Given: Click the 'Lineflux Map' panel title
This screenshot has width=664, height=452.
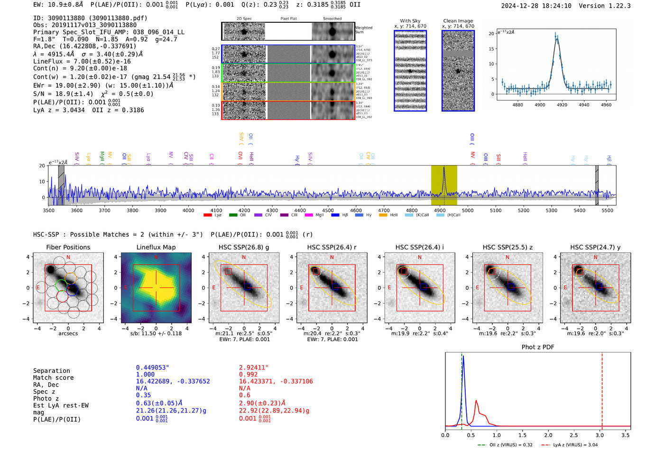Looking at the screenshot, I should coord(156,247).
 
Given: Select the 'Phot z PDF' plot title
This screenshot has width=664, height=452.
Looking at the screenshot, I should coord(537,347).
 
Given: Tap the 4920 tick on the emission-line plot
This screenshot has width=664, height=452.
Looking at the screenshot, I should coord(562,105).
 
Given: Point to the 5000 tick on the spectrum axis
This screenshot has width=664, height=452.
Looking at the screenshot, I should coord(468,211).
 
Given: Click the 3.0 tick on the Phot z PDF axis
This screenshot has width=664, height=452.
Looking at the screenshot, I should coord(599,435).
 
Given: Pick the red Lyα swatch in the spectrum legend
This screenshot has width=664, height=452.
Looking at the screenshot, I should coord(207,215).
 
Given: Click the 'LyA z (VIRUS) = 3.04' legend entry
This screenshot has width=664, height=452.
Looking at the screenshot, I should coord(571,445).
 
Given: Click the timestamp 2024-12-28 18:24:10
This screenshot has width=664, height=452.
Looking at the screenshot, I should coord(536,6).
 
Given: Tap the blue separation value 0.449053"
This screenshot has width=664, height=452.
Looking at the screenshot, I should coord(152,368).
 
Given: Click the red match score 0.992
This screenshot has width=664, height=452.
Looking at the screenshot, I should coord(249,374).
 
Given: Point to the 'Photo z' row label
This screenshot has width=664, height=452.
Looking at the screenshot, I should coord(46,398).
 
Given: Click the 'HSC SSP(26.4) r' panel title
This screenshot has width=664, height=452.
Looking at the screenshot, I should coord(332,247).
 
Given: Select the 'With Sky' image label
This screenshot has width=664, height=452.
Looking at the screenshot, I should coord(410,21).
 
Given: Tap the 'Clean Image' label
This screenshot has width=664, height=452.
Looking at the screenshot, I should coord(458,21).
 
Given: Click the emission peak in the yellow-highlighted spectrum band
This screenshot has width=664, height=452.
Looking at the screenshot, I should coord(444,168).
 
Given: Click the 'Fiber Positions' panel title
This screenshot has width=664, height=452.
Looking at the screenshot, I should coord(68,247).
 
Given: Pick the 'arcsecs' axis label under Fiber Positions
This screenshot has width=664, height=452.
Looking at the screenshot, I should coord(68,333).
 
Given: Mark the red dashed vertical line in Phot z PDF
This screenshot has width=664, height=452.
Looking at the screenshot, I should coord(602,389).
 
